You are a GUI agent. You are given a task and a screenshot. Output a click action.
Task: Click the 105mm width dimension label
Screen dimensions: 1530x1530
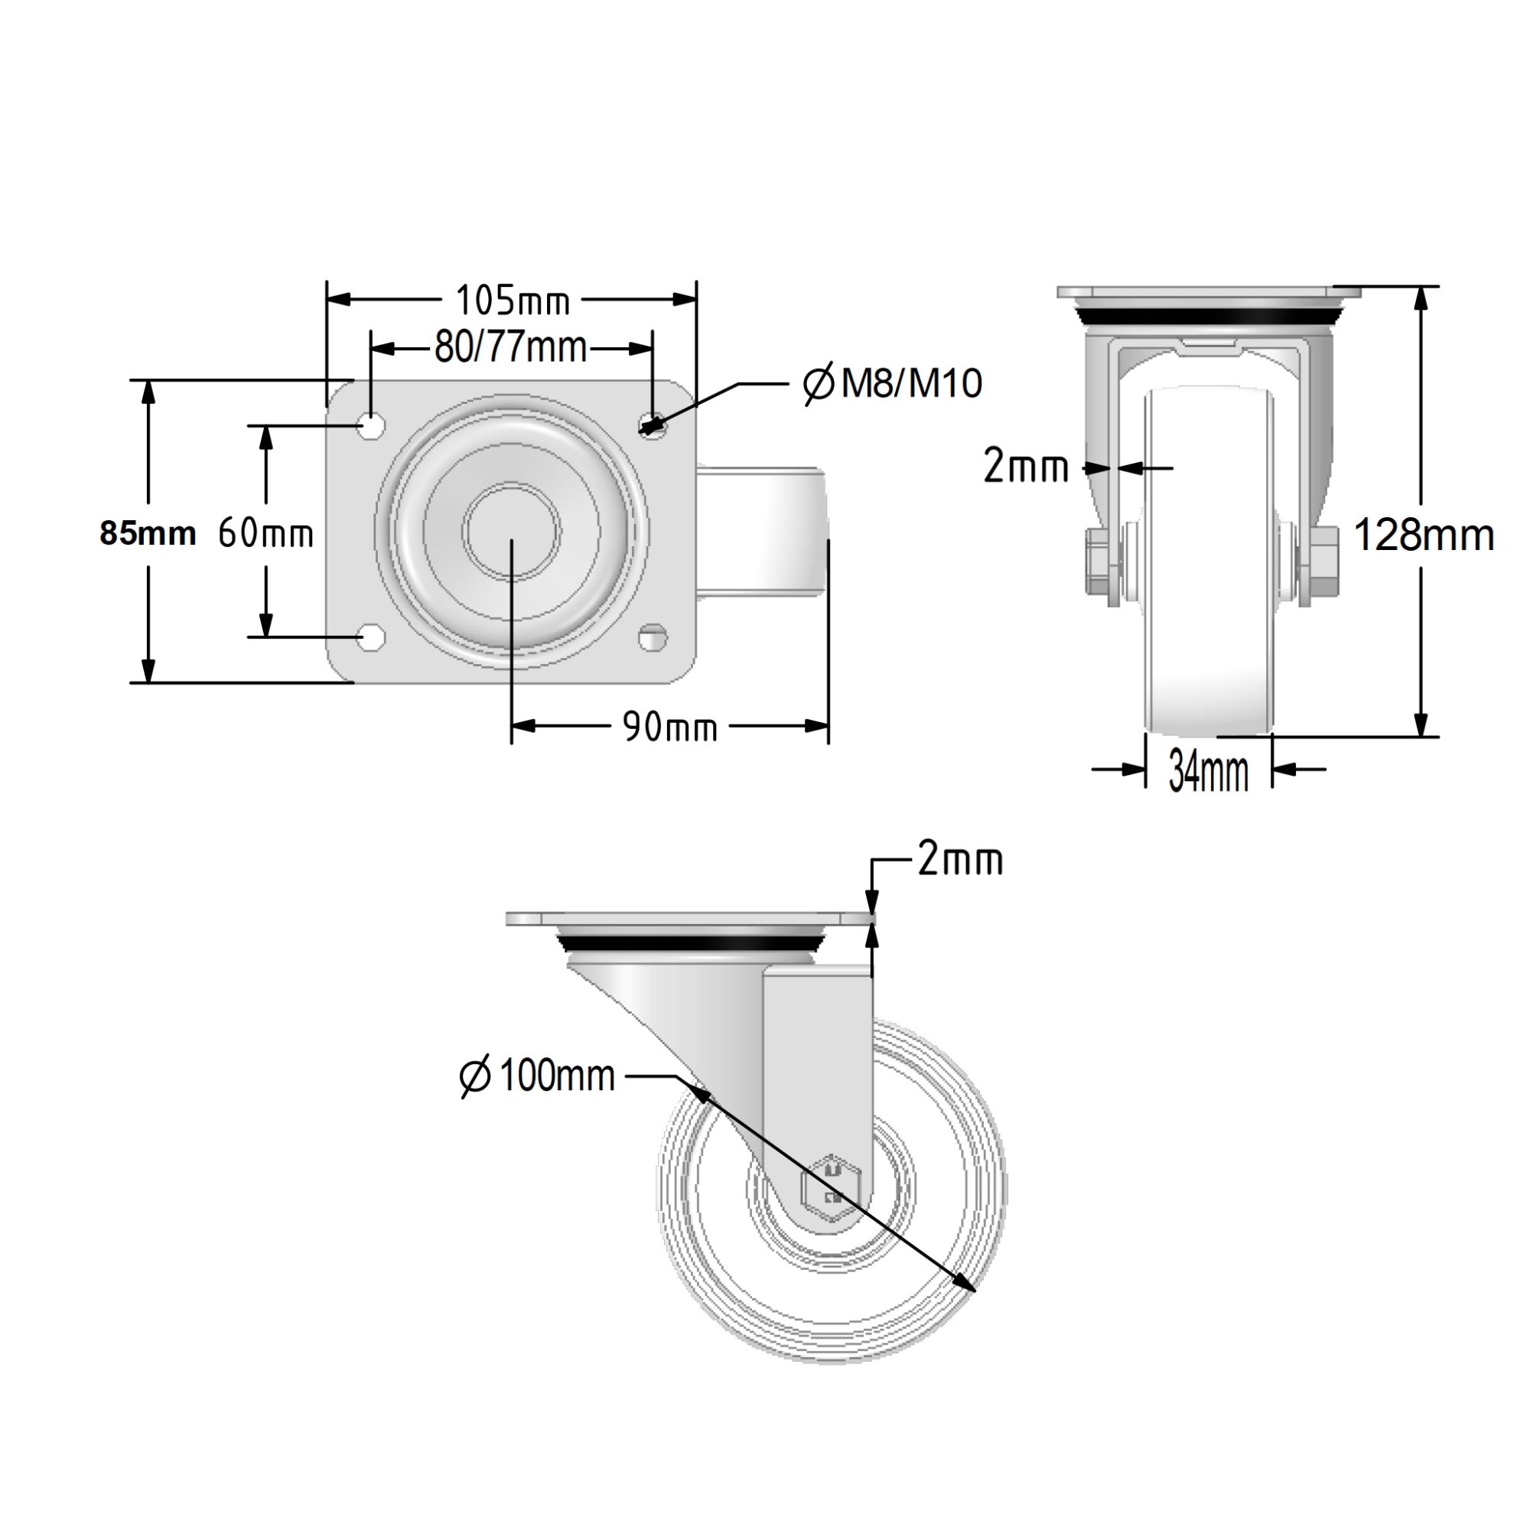pos(513,300)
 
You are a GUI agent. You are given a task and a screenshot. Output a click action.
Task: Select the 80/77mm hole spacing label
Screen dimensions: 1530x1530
pos(511,347)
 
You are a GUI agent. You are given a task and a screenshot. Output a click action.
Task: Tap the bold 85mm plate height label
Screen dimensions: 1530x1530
pos(148,534)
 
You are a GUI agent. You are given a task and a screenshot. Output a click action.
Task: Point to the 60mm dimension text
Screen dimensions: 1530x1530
pos(266,533)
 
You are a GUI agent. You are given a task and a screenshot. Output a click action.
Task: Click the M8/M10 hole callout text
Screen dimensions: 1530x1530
pos(893,384)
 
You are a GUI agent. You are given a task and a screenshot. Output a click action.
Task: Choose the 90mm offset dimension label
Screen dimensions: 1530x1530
pos(670,726)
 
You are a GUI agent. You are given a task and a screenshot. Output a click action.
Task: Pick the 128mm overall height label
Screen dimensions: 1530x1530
pos(1423,535)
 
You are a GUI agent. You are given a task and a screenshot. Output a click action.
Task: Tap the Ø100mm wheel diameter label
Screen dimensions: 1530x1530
pos(538,1076)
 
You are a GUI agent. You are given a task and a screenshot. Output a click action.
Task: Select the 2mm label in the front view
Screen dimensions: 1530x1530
pos(1026,467)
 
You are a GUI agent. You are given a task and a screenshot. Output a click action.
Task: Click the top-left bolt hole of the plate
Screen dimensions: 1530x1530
pos(370,425)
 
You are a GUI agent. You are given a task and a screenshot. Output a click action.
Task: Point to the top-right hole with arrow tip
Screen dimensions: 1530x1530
pos(652,426)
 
